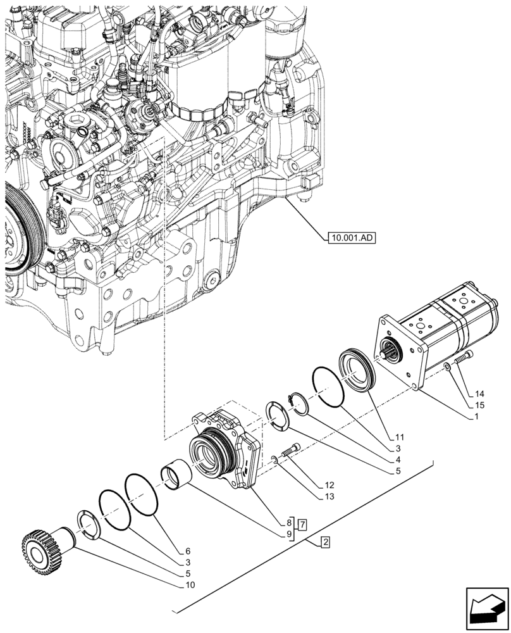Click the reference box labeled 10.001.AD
(x=351, y=238)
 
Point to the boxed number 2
(x=324, y=542)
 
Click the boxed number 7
(x=304, y=525)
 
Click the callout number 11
(x=400, y=437)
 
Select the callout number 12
(x=329, y=485)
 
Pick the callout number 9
(x=289, y=535)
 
